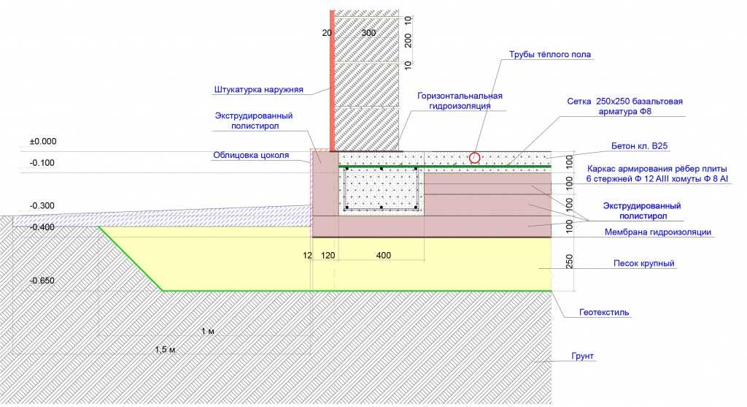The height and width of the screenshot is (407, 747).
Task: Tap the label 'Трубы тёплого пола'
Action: [x=550, y=54]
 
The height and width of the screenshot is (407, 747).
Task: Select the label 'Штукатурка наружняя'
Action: [x=259, y=90]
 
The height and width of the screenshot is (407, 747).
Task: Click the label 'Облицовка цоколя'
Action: [x=251, y=155]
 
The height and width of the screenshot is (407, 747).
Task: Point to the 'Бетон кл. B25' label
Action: [x=639, y=146]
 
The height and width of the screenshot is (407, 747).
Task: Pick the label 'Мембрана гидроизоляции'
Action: [x=658, y=232]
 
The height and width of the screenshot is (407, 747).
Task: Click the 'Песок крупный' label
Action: [x=644, y=263]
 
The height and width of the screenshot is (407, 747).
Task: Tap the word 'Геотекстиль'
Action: [x=604, y=313]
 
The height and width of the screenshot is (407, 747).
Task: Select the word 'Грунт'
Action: [x=583, y=357]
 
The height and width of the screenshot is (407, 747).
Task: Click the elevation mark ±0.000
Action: [x=43, y=142]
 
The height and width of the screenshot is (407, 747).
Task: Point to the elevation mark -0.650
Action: [x=42, y=281]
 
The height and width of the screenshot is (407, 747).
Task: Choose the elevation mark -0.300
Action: [x=42, y=205]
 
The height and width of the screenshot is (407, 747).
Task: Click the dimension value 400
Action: [x=384, y=255]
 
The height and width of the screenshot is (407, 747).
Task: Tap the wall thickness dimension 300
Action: [x=368, y=33]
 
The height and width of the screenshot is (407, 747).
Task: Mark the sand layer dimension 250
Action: [x=569, y=262]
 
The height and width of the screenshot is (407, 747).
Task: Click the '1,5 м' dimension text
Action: [x=165, y=350]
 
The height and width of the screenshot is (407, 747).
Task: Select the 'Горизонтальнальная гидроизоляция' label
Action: [x=460, y=101]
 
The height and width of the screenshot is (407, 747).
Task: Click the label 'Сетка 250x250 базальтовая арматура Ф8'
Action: [x=624, y=107]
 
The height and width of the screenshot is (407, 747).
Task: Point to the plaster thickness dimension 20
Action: [x=327, y=33]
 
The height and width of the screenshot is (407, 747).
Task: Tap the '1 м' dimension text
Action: [x=207, y=331]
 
